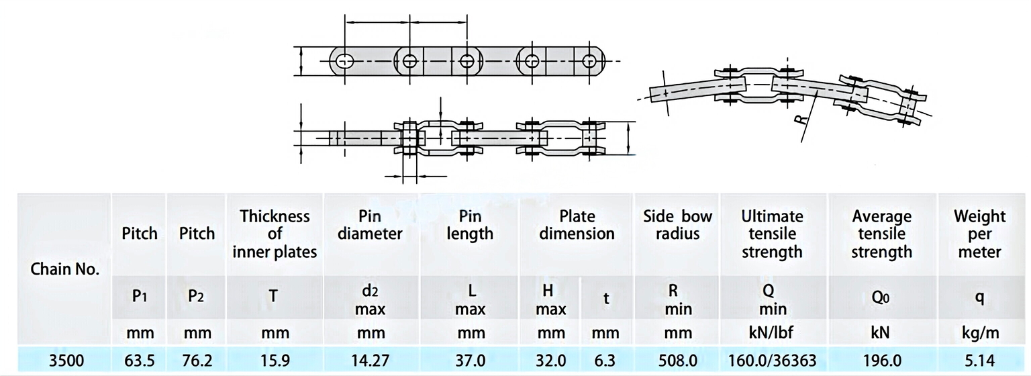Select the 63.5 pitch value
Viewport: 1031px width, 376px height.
(x=140, y=361)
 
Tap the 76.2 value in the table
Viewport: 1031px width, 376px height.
(x=197, y=361)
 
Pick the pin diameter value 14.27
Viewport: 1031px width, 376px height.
(x=370, y=361)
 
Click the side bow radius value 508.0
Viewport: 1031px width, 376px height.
(x=677, y=361)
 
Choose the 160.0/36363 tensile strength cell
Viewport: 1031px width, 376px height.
(x=772, y=361)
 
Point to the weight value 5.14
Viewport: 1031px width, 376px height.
(x=979, y=361)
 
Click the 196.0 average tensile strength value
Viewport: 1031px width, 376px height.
(x=882, y=361)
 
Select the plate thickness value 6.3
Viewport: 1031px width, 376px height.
(x=605, y=361)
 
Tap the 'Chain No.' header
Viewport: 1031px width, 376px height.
(x=65, y=269)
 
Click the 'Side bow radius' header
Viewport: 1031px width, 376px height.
(x=677, y=225)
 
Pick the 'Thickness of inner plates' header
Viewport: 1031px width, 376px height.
(x=275, y=234)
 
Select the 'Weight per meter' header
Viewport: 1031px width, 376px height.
(x=979, y=234)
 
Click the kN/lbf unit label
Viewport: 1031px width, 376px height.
(x=771, y=332)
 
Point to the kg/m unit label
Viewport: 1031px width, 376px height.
(x=980, y=333)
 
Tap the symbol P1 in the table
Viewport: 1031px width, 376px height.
(x=140, y=296)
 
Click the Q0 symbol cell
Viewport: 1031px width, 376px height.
(x=881, y=297)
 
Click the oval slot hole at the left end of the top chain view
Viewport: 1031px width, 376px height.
(x=344, y=60)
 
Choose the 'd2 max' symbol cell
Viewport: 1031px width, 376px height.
(x=370, y=299)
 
